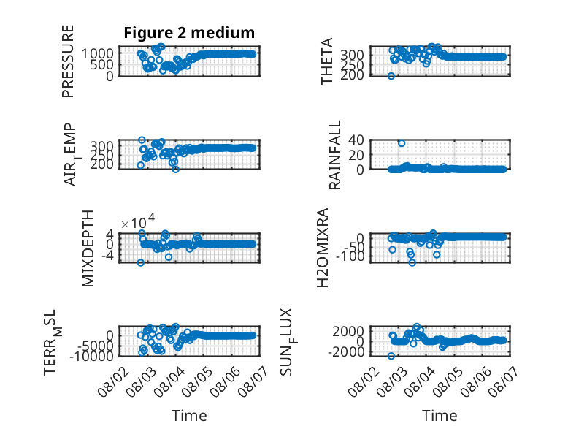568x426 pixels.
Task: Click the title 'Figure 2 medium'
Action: (x=189, y=33)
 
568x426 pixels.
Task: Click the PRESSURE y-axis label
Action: (x=68, y=61)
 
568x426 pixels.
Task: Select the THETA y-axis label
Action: (x=327, y=61)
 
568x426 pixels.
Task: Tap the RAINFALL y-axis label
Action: (x=334, y=155)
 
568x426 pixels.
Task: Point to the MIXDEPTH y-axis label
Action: (x=88, y=248)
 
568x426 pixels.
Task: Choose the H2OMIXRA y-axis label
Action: (x=323, y=248)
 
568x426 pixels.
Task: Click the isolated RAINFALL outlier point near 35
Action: (x=402, y=143)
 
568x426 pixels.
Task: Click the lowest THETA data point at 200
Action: (x=391, y=76)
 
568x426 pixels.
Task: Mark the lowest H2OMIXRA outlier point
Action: (x=412, y=262)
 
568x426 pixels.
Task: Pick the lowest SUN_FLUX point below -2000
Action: (x=391, y=356)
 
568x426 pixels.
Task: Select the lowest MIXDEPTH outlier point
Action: (x=141, y=262)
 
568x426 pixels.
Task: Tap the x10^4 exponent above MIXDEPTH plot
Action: (x=138, y=222)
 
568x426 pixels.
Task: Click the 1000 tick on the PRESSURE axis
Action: (x=97, y=53)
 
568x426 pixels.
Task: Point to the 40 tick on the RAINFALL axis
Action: (x=356, y=140)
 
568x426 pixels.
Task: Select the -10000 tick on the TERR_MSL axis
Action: (x=91, y=356)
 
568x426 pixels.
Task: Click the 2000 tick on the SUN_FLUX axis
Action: (x=348, y=331)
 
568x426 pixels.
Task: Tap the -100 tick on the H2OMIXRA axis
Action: (x=350, y=256)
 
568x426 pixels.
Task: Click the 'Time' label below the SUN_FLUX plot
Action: (x=440, y=416)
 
